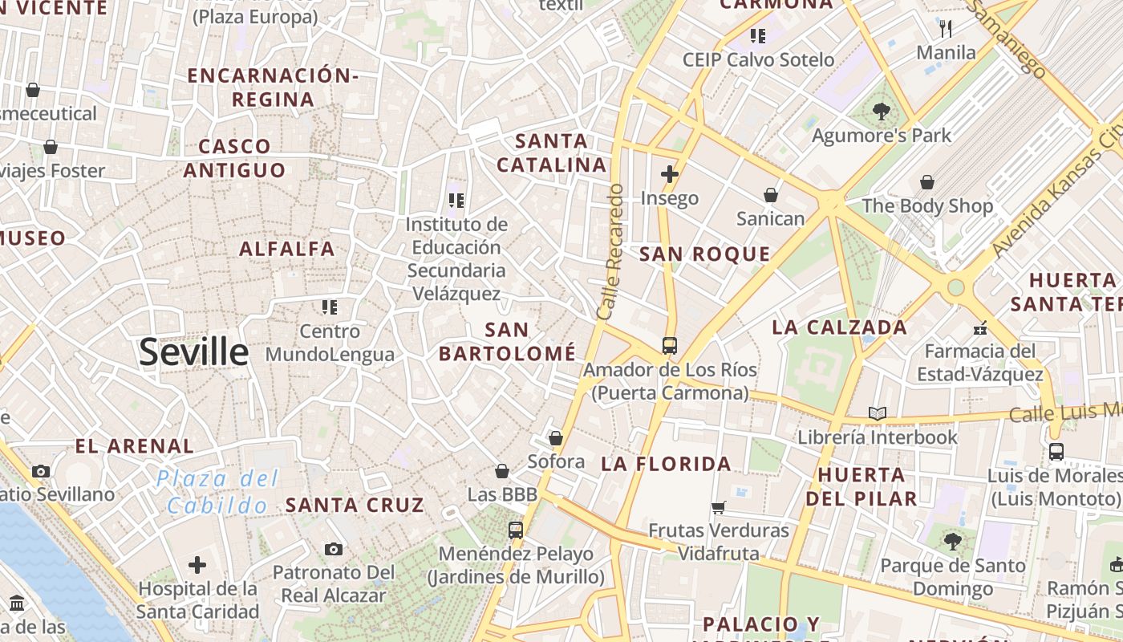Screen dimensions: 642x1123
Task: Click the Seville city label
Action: pyautogui.click(x=194, y=351)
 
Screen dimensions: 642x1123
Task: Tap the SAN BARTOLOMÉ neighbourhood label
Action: pyautogui.click(x=507, y=341)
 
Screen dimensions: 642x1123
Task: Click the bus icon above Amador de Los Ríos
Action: pyautogui.click(x=670, y=346)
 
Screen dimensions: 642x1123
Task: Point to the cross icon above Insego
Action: pyautogui.click(x=670, y=173)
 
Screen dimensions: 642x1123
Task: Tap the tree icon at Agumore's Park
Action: pyautogui.click(x=881, y=112)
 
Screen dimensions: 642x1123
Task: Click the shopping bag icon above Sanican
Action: pyautogui.click(x=770, y=195)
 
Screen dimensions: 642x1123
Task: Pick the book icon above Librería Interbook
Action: pyautogui.click(x=878, y=414)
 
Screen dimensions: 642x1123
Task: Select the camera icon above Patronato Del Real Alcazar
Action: pyautogui.click(x=334, y=550)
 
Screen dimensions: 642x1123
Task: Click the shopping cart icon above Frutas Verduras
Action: pyautogui.click(x=719, y=507)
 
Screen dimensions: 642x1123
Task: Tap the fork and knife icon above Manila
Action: pyautogui.click(x=946, y=29)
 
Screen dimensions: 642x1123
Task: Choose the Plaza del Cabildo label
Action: pyautogui.click(x=217, y=492)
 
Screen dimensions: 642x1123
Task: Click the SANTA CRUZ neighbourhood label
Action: pyautogui.click(x=355, y=505)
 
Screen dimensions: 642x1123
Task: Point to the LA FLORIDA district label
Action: pyautogui.click(x=666, y=464)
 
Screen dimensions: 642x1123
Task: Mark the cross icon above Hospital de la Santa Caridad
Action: pyautogui.click(x=197, y=565)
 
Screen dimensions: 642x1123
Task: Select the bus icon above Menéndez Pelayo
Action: pyautogui.click(x=515, y=530)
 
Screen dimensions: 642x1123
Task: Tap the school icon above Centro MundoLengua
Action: pyautogui.click(x=330, y=307)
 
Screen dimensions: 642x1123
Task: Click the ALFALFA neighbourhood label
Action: pyautogui.click(x=287, y=249)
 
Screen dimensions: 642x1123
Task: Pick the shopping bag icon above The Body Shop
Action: pyautogui.click(x=927, y=182)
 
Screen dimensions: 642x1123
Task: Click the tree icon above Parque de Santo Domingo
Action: pyautogui.click(x=953, y=542)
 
